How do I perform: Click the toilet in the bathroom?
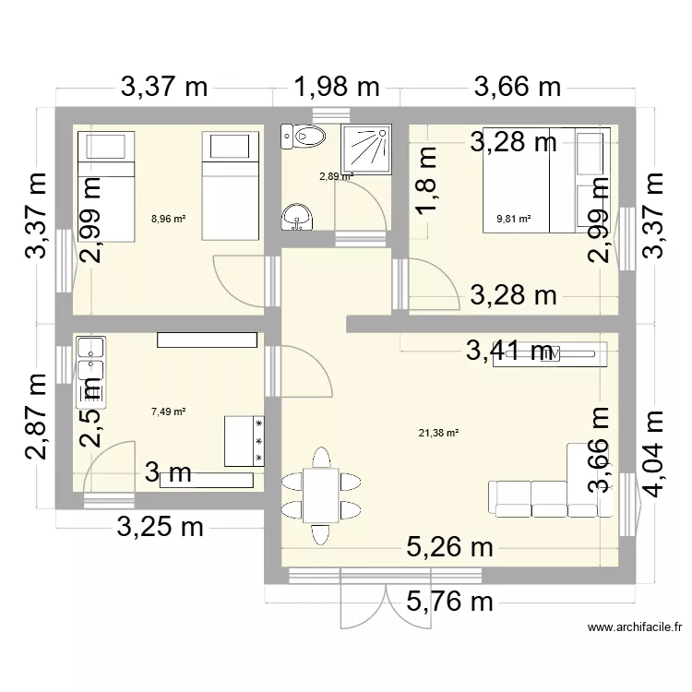pos(303,137)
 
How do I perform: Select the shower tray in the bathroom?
pos(367,149)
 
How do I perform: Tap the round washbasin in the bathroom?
pos(297,216)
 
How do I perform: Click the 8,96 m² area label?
pos(169,220)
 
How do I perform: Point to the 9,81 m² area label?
pos(514,220)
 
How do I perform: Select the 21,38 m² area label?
pos(439,433)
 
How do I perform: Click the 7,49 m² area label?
pos(169,412)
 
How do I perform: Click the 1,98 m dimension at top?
pos(337,88)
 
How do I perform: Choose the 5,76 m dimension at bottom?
pos(451,603)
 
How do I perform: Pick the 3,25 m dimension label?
pos(160,529)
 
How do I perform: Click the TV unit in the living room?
pos(550,353)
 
